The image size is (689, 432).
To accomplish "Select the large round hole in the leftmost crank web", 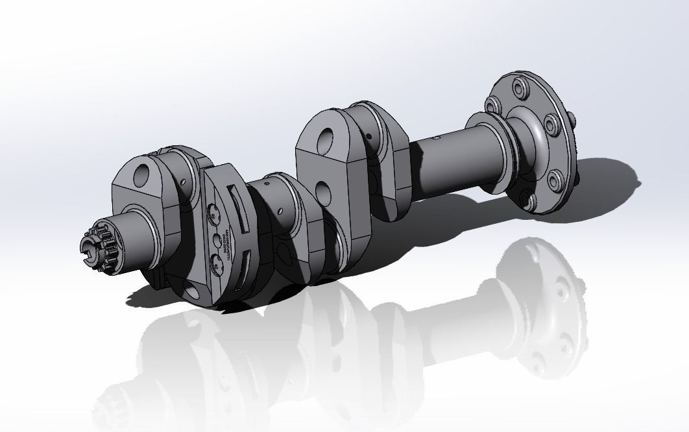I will (x=142, y=173).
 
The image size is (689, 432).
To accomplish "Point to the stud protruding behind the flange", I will (x=572, y=117).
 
